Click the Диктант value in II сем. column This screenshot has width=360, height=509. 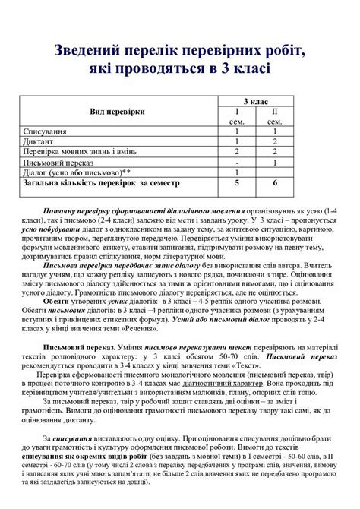point(276,141)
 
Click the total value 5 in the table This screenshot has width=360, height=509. point(237,182)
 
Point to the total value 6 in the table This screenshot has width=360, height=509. point(276,182)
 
